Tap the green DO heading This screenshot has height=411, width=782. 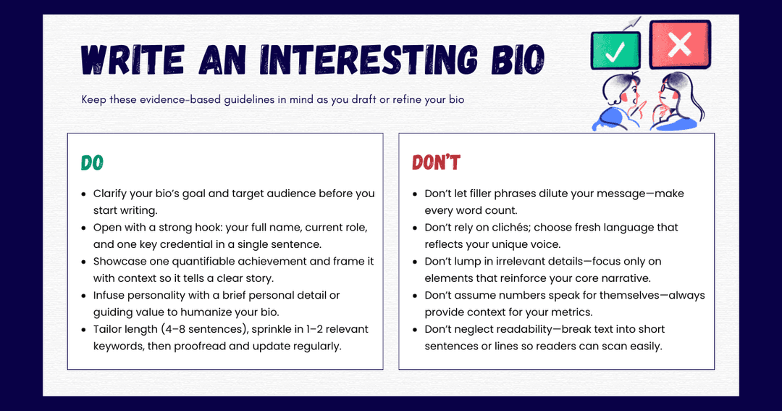pyautogui.click(x=92, y=163)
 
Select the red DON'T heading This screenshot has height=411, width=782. pyautogui.click(x=436, y=163)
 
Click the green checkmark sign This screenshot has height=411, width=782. pyautogui.click(x=615, y=49)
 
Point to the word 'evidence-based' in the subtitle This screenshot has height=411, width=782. pyautogui.click(x=180, y=99)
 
